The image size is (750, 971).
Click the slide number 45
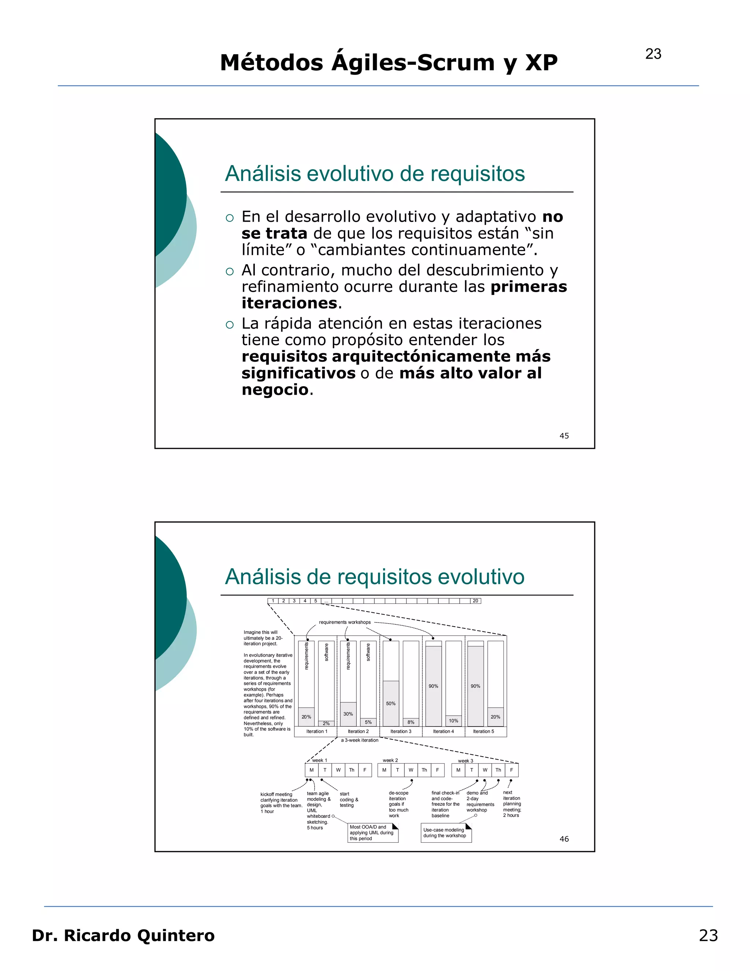564,436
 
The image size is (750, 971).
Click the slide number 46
564,839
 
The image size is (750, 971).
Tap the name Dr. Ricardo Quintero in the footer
123,935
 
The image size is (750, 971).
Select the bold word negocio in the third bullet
275,389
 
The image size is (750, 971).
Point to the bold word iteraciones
289,303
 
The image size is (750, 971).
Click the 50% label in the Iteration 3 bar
390,704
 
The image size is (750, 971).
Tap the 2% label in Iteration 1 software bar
326,723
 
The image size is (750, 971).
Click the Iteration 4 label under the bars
443,731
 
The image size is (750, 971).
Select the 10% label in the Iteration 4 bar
453,721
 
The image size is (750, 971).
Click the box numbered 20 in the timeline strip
475,601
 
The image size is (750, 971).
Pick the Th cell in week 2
424,770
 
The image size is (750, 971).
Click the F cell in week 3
511,770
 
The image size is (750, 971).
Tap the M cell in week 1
312,770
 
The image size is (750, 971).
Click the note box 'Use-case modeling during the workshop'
446,833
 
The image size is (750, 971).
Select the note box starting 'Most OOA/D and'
372,833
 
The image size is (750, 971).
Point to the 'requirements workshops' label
344,622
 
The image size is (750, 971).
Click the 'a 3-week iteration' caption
360,740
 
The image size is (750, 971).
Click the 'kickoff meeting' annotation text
276,794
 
